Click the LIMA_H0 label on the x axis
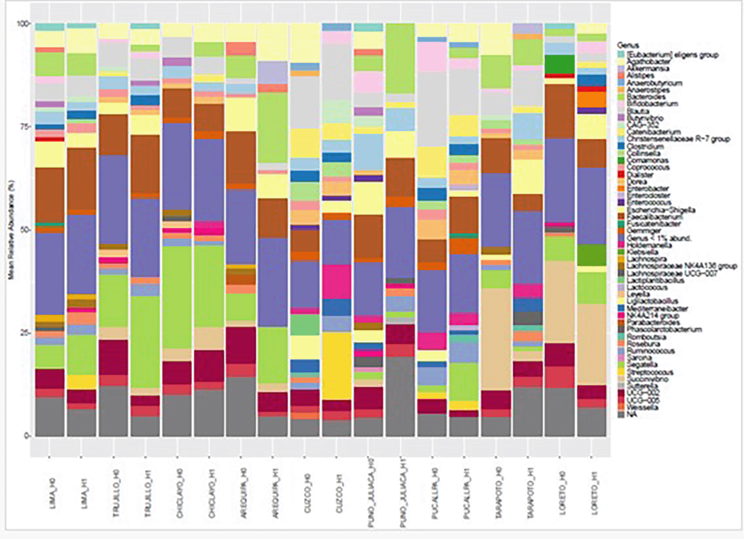(53, 493)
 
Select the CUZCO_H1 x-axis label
(339, 493)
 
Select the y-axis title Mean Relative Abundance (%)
(10, 230)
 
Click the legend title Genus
(628, 45)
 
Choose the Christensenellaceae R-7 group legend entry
(678, 139)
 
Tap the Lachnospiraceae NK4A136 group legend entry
(681, 266)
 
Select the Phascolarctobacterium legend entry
(664, 329)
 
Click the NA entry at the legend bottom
(631, 414)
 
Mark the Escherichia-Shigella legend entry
(660, 210)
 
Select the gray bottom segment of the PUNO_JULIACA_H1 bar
(400, 395)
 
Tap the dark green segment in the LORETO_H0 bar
(559, 64)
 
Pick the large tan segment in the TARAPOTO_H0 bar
(496, 339)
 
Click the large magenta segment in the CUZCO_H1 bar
(337, 281)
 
